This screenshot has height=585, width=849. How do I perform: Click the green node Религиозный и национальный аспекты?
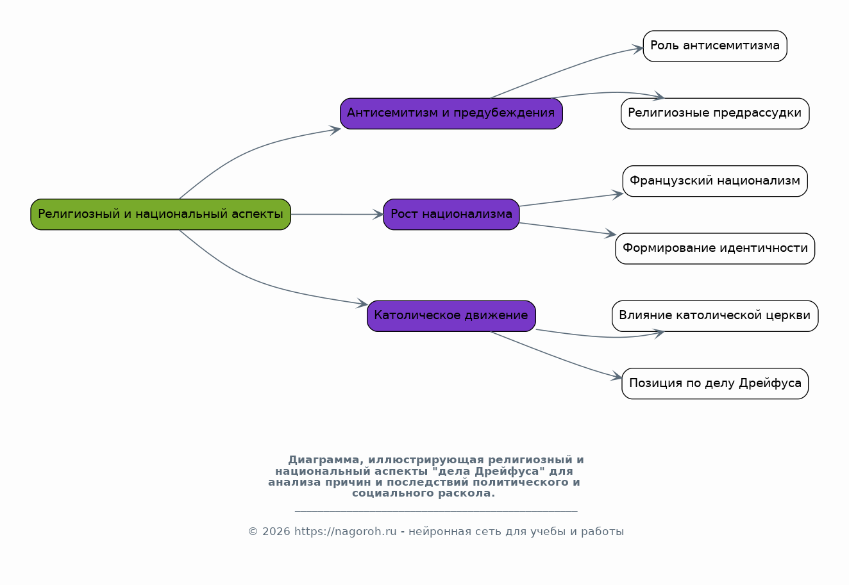(161, 214)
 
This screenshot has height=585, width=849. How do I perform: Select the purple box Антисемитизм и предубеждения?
(451, 113)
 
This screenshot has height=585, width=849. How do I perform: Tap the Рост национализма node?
(451, 214)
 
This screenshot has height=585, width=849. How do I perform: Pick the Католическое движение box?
(451, 316)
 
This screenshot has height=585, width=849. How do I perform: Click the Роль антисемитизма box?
(715, 46)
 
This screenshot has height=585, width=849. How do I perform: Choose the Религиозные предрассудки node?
(715, 113)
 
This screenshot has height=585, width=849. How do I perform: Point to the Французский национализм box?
(715, 181)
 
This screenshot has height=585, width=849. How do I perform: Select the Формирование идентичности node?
(715, 249)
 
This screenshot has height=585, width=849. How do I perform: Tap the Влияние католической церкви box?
(715, 316)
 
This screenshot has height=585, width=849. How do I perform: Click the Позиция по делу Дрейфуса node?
(715, 383)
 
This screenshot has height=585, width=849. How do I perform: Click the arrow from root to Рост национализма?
(337, 214)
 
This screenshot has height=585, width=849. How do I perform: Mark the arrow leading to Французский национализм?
(571, 200)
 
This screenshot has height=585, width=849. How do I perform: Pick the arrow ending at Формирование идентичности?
(567, 229)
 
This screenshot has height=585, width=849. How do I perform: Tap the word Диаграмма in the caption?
(324, 459)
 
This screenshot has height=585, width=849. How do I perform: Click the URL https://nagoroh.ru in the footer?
(345, 532)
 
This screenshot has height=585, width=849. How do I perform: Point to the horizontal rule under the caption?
(436, 511)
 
